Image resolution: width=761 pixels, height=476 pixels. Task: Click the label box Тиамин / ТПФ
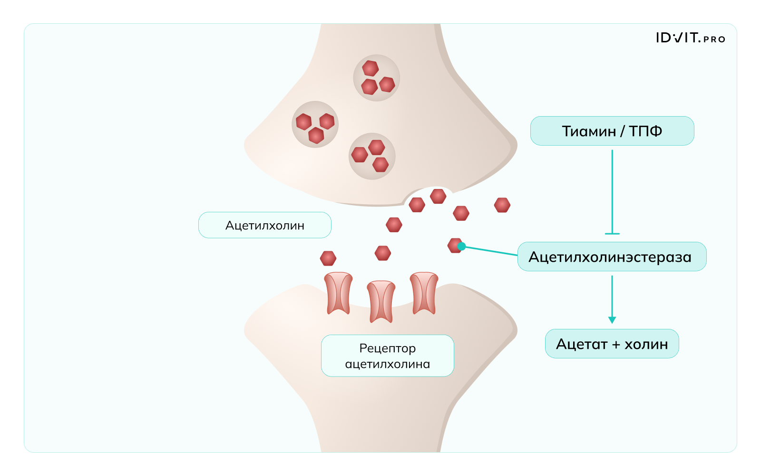(612, 131)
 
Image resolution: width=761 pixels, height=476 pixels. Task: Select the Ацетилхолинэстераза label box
(612, 257)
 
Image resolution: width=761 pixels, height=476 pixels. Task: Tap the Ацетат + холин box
(612, 344)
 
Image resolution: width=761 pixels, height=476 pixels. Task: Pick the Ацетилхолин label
(264, 225)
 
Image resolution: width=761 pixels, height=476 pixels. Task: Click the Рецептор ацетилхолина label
(387, 356)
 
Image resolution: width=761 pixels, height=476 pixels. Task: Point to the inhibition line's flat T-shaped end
(612, 234)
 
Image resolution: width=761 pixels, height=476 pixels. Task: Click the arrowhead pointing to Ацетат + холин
(612, 320)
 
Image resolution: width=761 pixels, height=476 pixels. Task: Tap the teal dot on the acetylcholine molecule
(461, 246)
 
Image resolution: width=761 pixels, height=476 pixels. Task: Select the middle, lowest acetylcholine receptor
(381, 301)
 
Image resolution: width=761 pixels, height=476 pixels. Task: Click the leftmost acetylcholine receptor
(338, 293)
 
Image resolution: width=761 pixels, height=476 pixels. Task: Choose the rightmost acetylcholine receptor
(424, 293)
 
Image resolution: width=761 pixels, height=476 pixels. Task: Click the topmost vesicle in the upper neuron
(376, 78)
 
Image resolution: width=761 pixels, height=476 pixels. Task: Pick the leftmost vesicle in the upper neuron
(315, 124)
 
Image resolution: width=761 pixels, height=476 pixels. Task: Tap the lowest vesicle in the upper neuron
(372, 156)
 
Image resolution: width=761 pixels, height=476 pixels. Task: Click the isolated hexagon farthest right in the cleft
(502, 205)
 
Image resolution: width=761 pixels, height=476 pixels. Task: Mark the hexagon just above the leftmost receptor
(328, 258)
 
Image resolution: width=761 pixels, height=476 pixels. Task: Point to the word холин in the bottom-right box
(646, 344)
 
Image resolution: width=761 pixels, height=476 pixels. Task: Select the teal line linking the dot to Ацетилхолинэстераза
(490, 251)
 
